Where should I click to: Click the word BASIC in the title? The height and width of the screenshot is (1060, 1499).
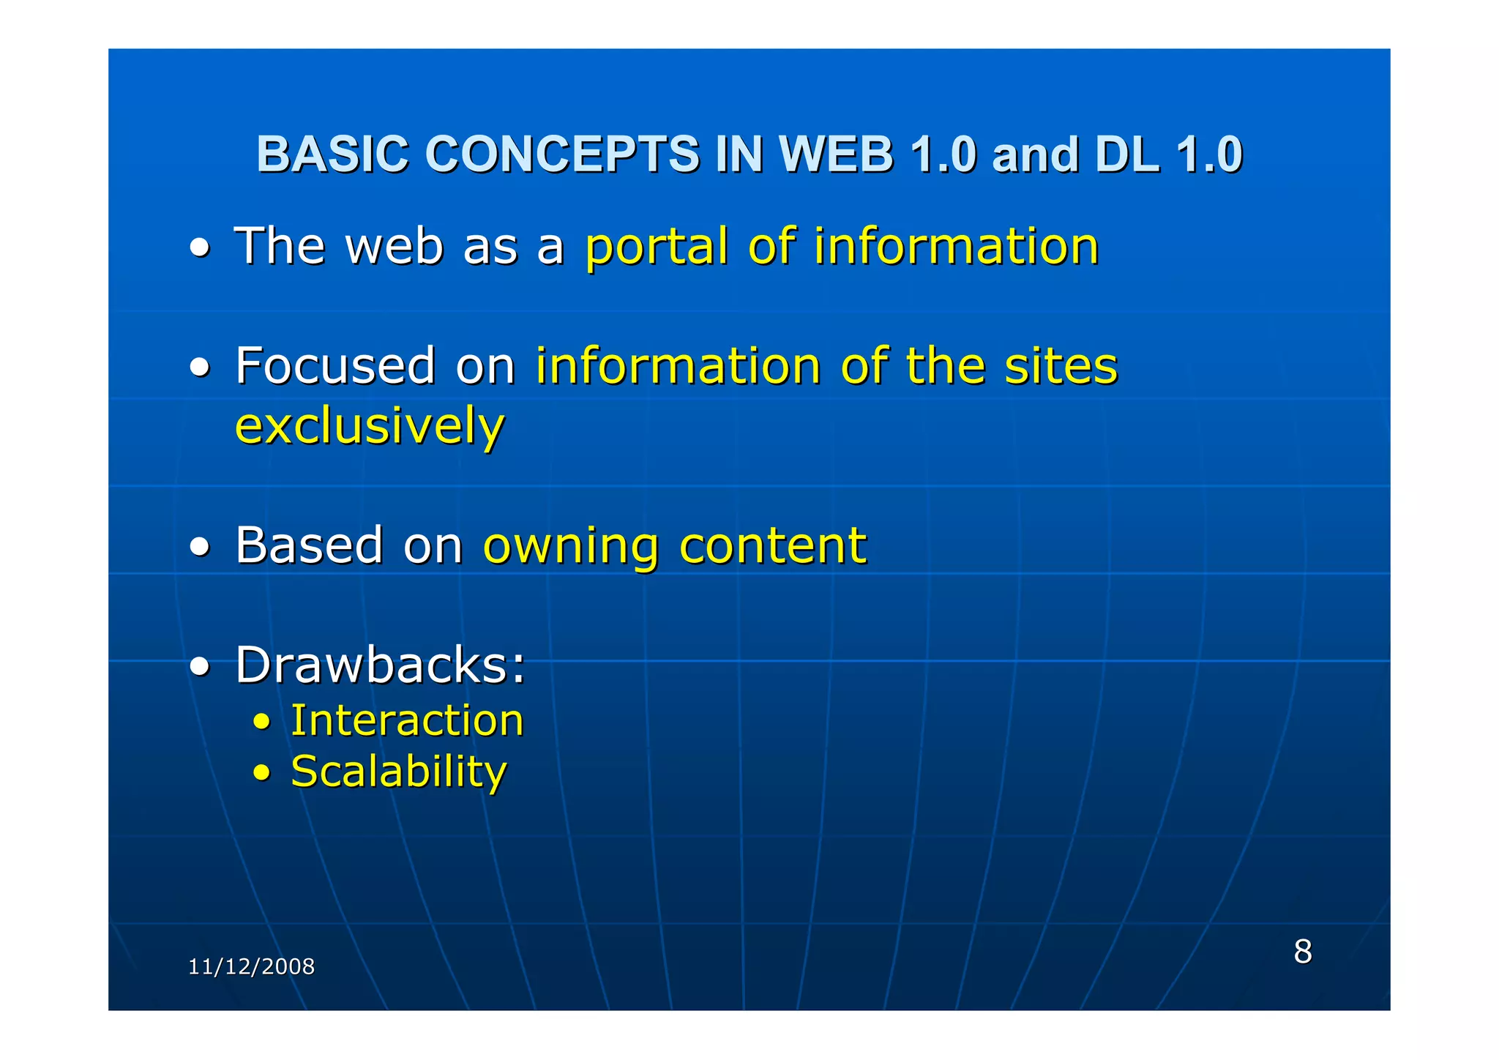[x=332, y=154]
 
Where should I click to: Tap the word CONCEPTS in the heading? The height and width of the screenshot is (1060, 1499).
[x=562, y=154]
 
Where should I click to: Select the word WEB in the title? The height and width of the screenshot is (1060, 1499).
[x=836, y=154]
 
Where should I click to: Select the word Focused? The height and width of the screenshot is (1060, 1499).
[x=335, y=365]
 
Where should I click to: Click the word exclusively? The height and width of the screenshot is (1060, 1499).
[x=370, y=427]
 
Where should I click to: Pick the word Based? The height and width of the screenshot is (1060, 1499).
[x=309, y=545]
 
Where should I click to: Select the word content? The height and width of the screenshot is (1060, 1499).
[x=772, y=545]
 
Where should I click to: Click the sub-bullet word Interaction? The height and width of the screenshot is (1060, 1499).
[x=407, y=720]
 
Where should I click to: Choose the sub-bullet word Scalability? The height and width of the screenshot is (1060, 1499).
[x=398, y=772]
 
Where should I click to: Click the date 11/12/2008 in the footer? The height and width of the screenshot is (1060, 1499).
[x=251, y=967]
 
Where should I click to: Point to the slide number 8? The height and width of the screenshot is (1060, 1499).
[x=1303, y=952]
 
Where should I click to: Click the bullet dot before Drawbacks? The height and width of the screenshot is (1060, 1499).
[x=200, y=667]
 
